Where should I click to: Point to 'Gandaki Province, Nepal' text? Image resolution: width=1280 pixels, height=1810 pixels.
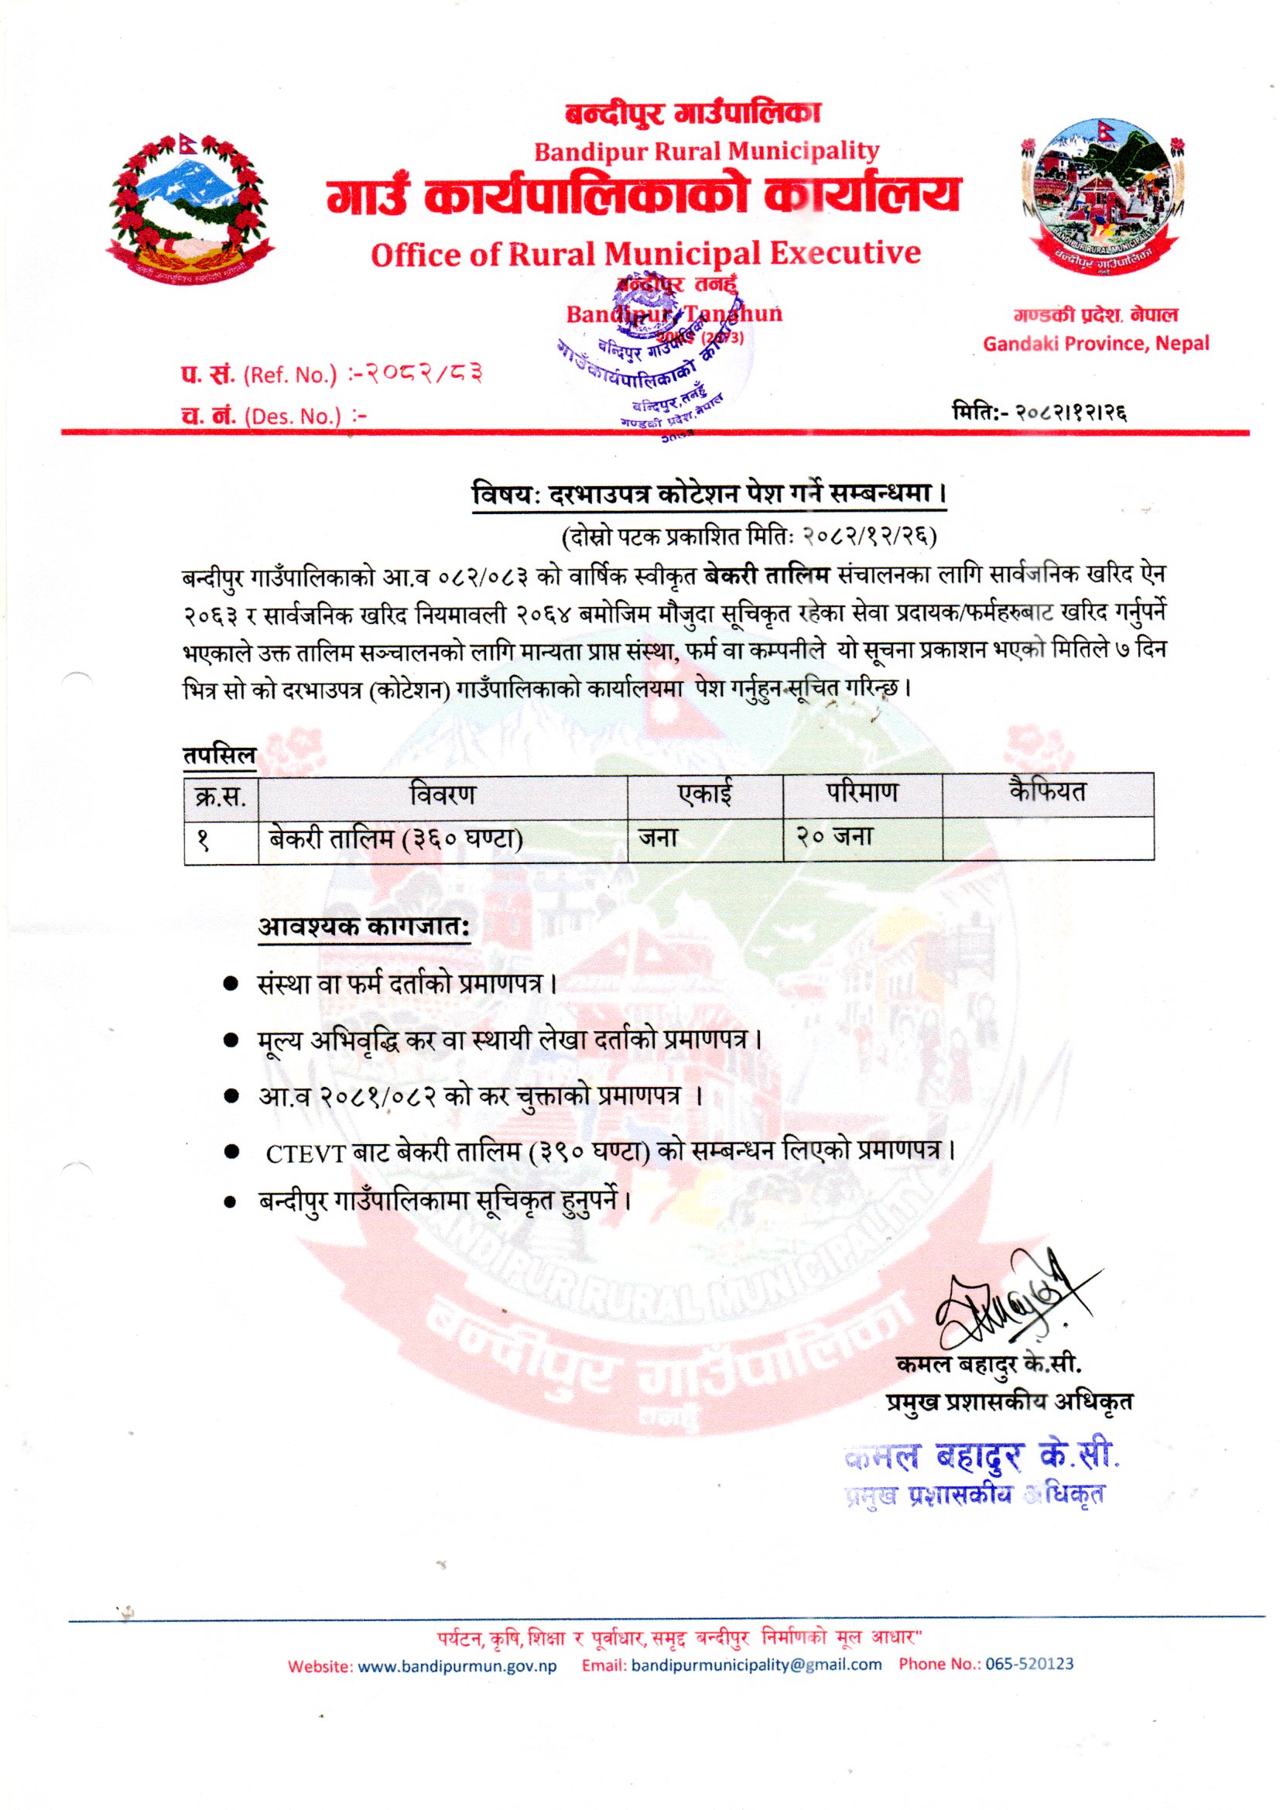point(1096,344)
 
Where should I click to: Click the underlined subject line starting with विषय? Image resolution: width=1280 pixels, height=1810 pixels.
point(709,497)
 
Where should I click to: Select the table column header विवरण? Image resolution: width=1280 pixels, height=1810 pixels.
point(442,794)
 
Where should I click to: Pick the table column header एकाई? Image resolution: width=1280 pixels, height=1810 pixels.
point(705,794)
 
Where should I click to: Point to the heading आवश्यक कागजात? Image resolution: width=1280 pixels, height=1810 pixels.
point(364,929)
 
